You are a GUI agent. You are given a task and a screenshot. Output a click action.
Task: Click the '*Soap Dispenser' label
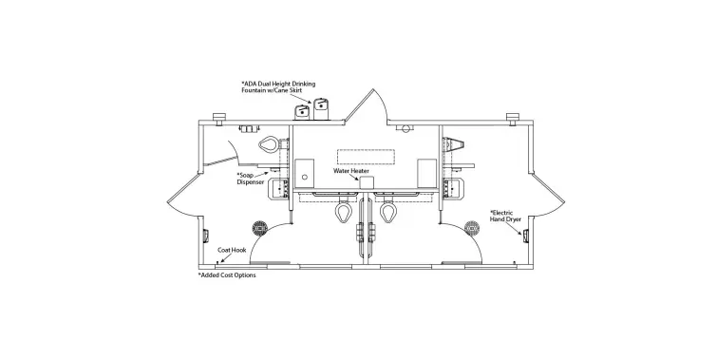251,179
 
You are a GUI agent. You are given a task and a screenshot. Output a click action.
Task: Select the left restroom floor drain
256,228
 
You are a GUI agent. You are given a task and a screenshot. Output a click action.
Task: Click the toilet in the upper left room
271,144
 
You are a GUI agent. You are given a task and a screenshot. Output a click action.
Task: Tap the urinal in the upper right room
456,143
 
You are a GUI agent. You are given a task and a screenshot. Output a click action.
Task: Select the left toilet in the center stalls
339,215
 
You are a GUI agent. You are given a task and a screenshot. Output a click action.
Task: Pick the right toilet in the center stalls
388,215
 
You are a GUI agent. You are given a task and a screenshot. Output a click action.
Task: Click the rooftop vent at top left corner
217,121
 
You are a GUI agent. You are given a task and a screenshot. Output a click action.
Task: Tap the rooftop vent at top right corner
513,120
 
